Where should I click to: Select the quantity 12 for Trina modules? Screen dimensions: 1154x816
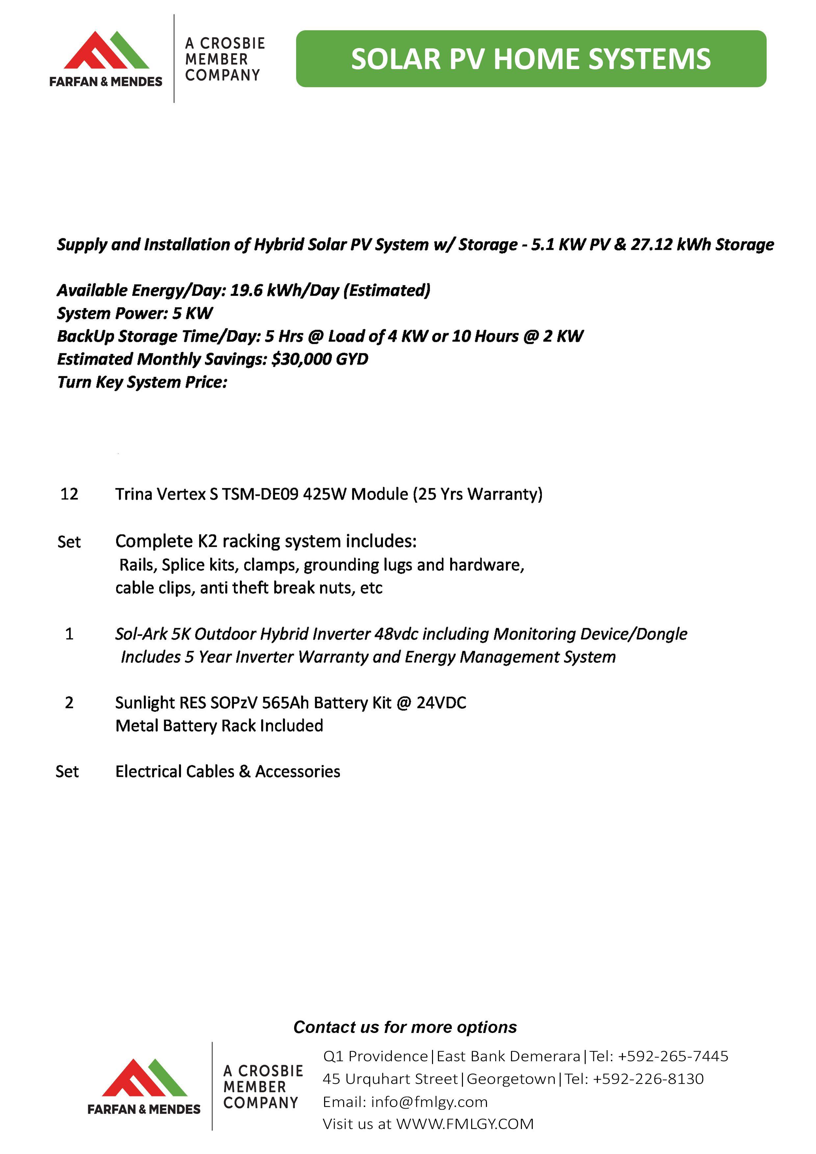69,494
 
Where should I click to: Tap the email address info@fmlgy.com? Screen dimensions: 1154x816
429,1102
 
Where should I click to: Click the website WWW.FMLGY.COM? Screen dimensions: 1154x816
465,1124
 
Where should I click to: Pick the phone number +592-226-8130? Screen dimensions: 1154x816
648,1079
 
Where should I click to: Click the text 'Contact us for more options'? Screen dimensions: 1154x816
405,1027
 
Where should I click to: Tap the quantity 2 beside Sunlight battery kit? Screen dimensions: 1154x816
69,703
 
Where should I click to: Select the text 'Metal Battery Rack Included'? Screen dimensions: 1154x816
219,726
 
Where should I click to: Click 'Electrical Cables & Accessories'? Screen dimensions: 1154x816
228,771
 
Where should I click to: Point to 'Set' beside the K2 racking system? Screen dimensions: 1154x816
69,542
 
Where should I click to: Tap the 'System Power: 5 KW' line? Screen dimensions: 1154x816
135,314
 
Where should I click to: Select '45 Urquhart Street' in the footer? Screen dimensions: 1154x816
390,1079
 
